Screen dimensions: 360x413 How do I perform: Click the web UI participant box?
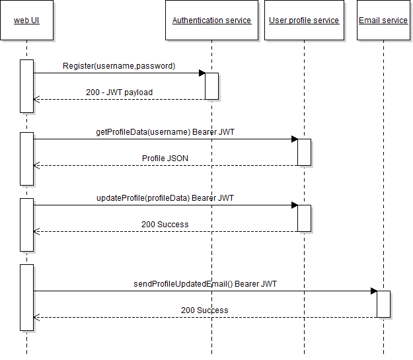(x=26, y=20)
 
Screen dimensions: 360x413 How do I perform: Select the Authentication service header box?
(x=211, y=20)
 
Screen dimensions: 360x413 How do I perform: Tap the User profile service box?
(x=304, y=20)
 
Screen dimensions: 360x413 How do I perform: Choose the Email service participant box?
(x=383, y=20)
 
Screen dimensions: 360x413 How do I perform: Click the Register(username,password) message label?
(x=119, y=66)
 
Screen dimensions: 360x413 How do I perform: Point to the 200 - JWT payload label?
(x=119, y=92)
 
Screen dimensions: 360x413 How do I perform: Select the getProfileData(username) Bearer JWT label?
(x=165, y=132)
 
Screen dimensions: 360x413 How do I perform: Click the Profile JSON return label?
(x=165, y=159)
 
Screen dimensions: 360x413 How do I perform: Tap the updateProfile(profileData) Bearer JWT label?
(x=165, y=198)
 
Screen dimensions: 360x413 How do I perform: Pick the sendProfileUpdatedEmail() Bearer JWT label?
(x=205, y=284)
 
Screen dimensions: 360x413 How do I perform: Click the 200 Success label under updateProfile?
(x=165, y=225)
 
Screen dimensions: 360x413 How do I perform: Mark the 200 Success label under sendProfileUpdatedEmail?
(x=205, y=310)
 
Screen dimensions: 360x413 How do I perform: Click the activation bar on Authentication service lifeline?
(x=211, y=86)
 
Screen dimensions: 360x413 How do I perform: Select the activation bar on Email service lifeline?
(x=383, y=304)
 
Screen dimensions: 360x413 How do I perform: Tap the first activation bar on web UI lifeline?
(x=26, y=86)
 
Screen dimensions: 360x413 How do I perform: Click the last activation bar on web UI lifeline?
(x=26, y=297)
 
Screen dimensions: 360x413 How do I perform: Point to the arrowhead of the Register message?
(x=201, y=73)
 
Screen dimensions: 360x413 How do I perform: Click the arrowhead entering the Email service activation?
(x=373, y=291)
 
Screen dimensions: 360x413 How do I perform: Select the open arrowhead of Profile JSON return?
(x=36, y=165)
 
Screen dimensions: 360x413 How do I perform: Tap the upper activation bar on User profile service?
(x=304, y=152)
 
